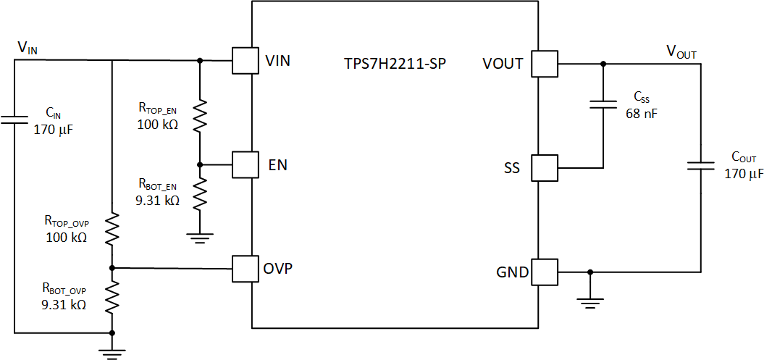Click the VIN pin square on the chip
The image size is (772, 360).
tap(246, 60)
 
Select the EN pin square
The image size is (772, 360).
tap(246, 164)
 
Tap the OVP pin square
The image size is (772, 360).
tap(246, 268)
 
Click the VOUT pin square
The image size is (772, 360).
tap(545, 64)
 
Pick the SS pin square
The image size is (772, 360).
tap(545, 168)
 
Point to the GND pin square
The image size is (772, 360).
tap(545, 272)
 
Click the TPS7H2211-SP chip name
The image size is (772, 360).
tap(395, 63)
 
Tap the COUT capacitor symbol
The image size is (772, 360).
tap(701, 165)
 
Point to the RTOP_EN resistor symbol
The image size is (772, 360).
tap(199, 114)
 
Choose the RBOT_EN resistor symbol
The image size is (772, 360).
tap(199, 196)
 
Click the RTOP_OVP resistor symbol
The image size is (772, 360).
tap(112, 227)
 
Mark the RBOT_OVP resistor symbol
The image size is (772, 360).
tap(112, 298)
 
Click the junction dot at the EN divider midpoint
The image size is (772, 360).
tap(199, 164)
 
